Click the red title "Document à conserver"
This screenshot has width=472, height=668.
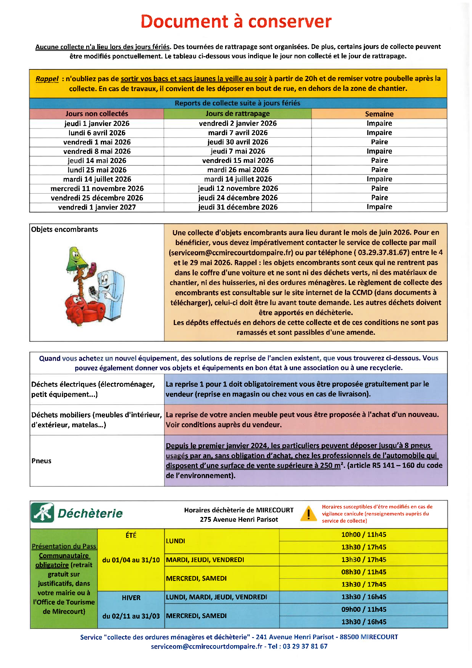[236, 21]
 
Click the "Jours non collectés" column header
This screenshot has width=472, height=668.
[96, 114]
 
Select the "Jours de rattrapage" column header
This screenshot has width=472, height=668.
[237, 114]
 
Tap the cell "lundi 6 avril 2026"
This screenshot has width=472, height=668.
[97, 133]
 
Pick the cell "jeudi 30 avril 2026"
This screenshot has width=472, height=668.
[237, 142]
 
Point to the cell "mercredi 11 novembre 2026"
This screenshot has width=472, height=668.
[97, 188]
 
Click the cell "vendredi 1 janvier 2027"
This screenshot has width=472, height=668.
[97, 207]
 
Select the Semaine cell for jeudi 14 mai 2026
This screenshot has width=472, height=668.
[379, 161]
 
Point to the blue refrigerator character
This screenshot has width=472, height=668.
[112, 294]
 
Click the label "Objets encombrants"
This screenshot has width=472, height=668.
[64, 230]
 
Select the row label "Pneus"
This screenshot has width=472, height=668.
[41, 461]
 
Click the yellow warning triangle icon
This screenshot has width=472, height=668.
[308, 514]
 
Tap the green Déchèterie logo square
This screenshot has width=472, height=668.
[43, 513]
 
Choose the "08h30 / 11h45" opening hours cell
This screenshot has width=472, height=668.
[363, 572]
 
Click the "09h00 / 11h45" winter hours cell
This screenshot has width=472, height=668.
[363, 609]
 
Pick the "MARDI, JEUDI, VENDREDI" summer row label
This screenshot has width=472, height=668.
[205, 560]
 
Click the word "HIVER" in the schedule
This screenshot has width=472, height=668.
[131, 598]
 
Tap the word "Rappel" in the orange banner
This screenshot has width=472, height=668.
[47, 79]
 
